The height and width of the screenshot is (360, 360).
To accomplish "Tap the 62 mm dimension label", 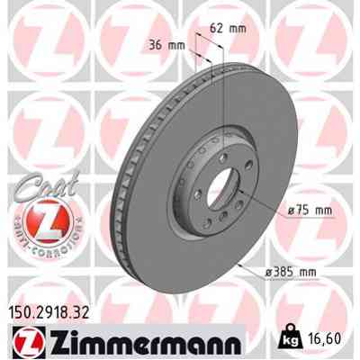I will pyautogui.click(x=229, y=28).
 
